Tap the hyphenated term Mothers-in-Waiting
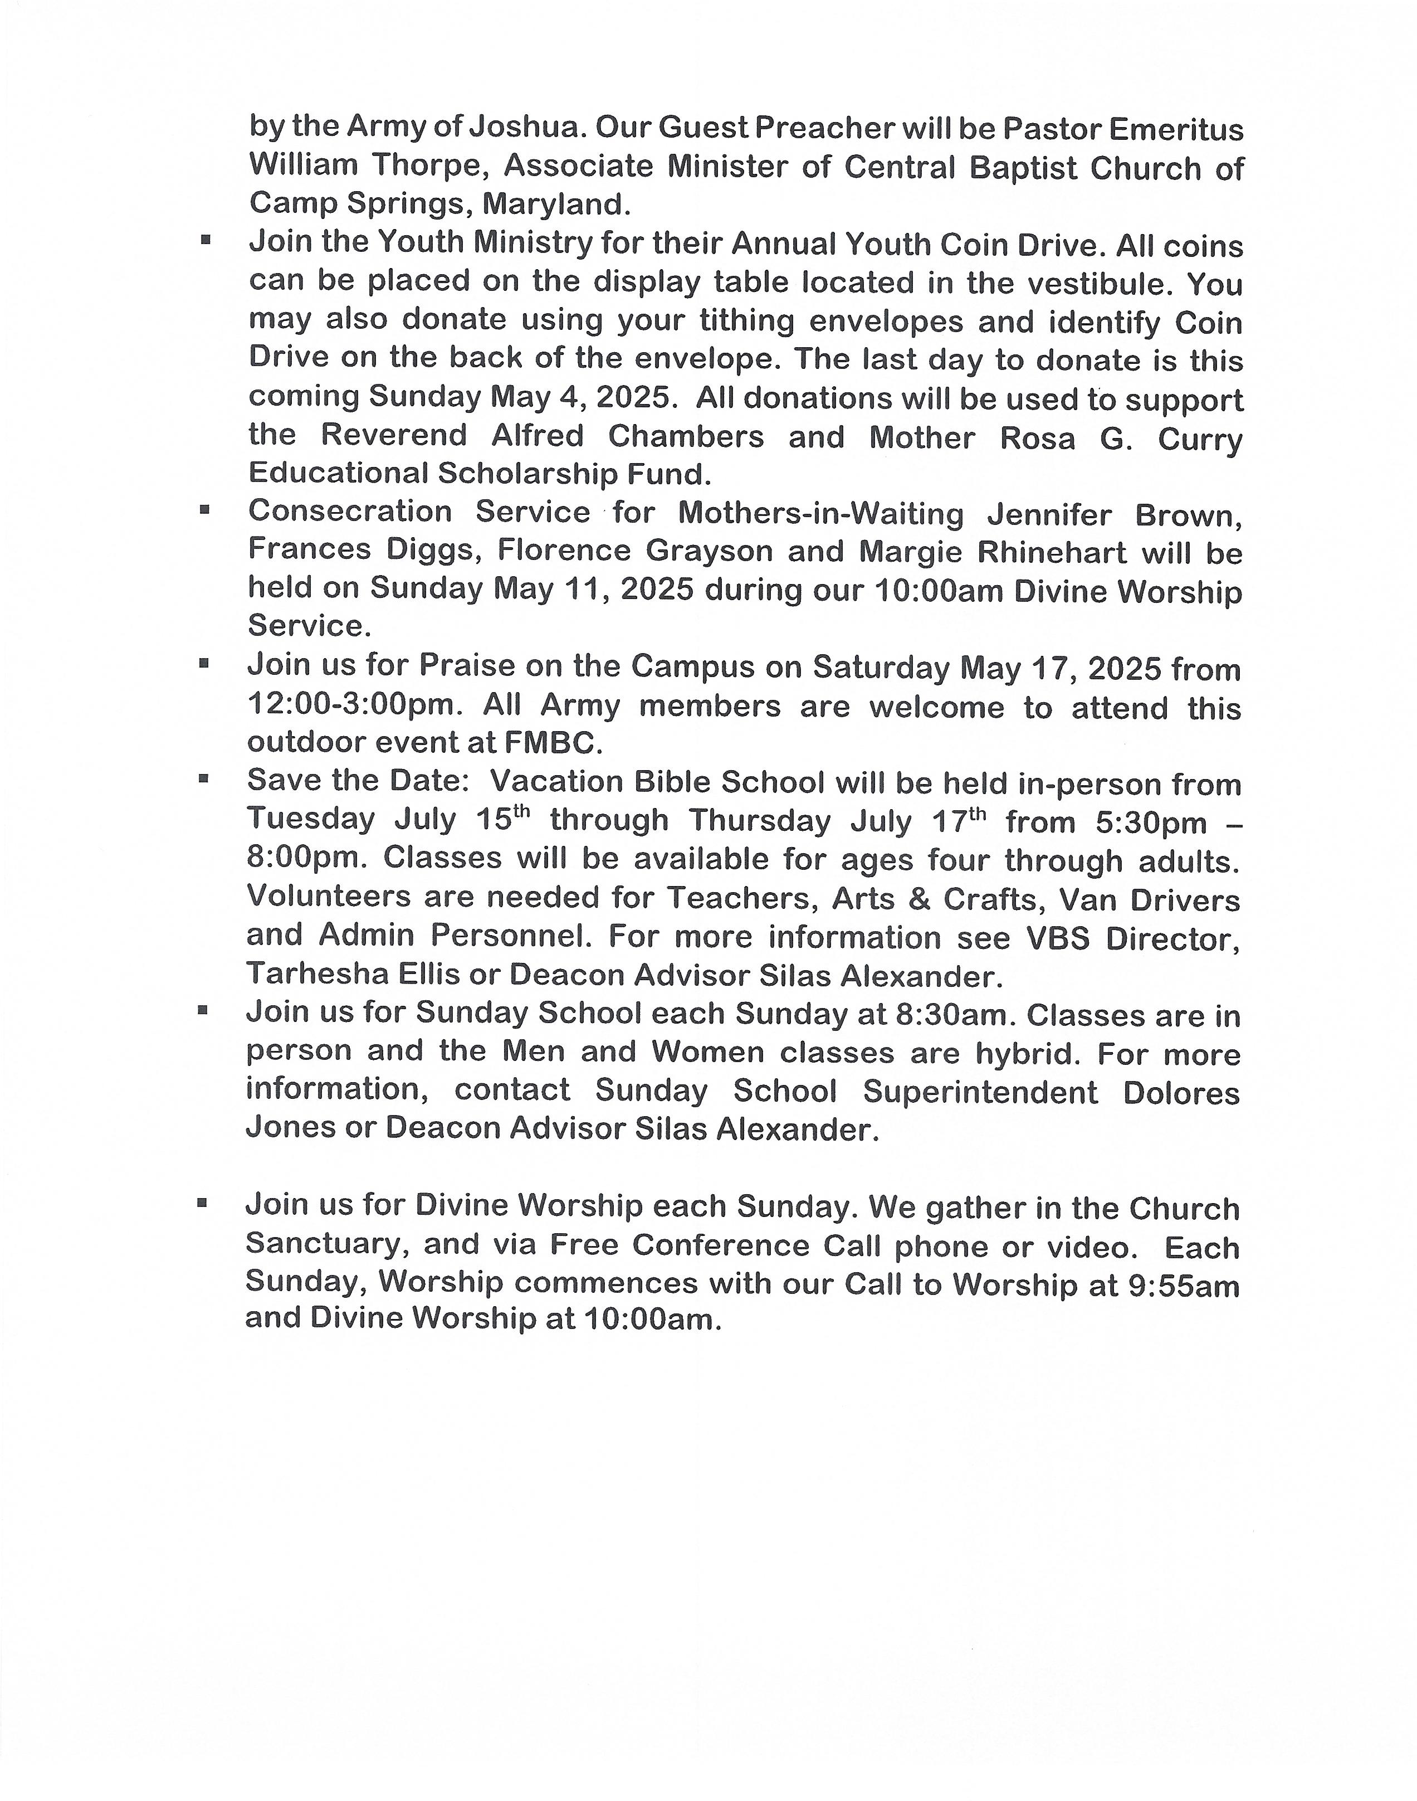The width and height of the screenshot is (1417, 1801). (x=820, y=514)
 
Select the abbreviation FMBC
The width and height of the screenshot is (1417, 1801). (x=553, y=743)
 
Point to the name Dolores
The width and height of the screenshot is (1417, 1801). (x=1181, y=1092)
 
